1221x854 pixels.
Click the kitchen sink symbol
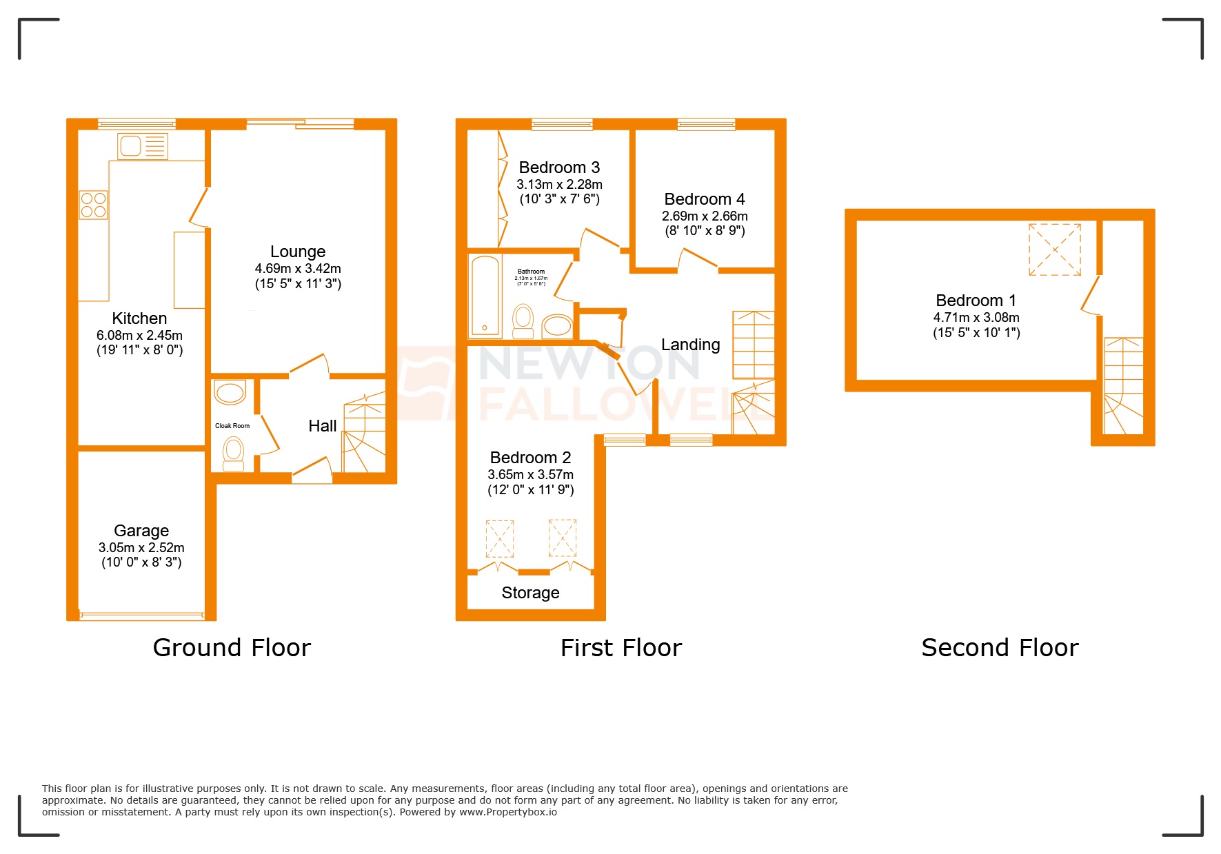pos(143,146)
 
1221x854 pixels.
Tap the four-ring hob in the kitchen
pos(94,205)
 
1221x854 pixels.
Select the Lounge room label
pos(297,252)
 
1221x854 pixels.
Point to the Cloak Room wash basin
pos(230,393)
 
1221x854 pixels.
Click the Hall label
pos(322,426)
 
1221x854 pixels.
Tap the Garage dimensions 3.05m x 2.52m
pos(141,547)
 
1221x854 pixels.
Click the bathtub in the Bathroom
pos(485,296)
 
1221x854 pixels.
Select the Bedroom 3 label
pos(559,167)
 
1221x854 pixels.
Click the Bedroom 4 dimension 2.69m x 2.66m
pos(705,216)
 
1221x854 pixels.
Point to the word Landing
pos(690,345)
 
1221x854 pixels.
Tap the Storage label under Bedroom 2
pos(530,593)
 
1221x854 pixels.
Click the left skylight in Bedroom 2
pos(500,538)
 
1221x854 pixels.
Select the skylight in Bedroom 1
pos(1054,250)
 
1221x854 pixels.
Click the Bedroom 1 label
pos(976,301)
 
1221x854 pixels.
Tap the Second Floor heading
pos(999,648)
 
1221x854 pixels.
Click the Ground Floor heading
pos(232,648)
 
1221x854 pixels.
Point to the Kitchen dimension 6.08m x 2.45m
pos(139,335)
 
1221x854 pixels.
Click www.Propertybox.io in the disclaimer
pos(508,812)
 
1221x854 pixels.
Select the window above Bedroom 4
pos(706,124)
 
